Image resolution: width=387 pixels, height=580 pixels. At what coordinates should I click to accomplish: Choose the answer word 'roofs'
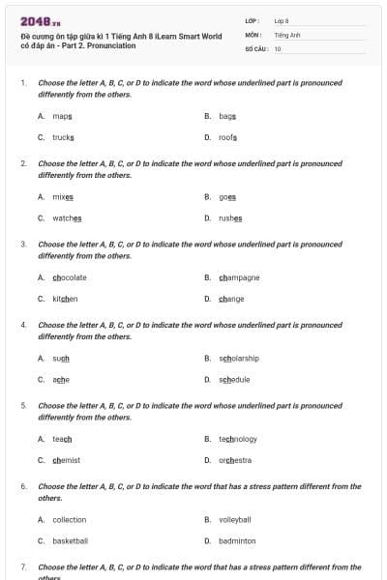click(x=227, y=137)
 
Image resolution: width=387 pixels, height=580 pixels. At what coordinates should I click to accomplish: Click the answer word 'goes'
click(x=227, y=196)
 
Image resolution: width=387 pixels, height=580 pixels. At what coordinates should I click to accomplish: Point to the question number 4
click(x=23, y=325)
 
